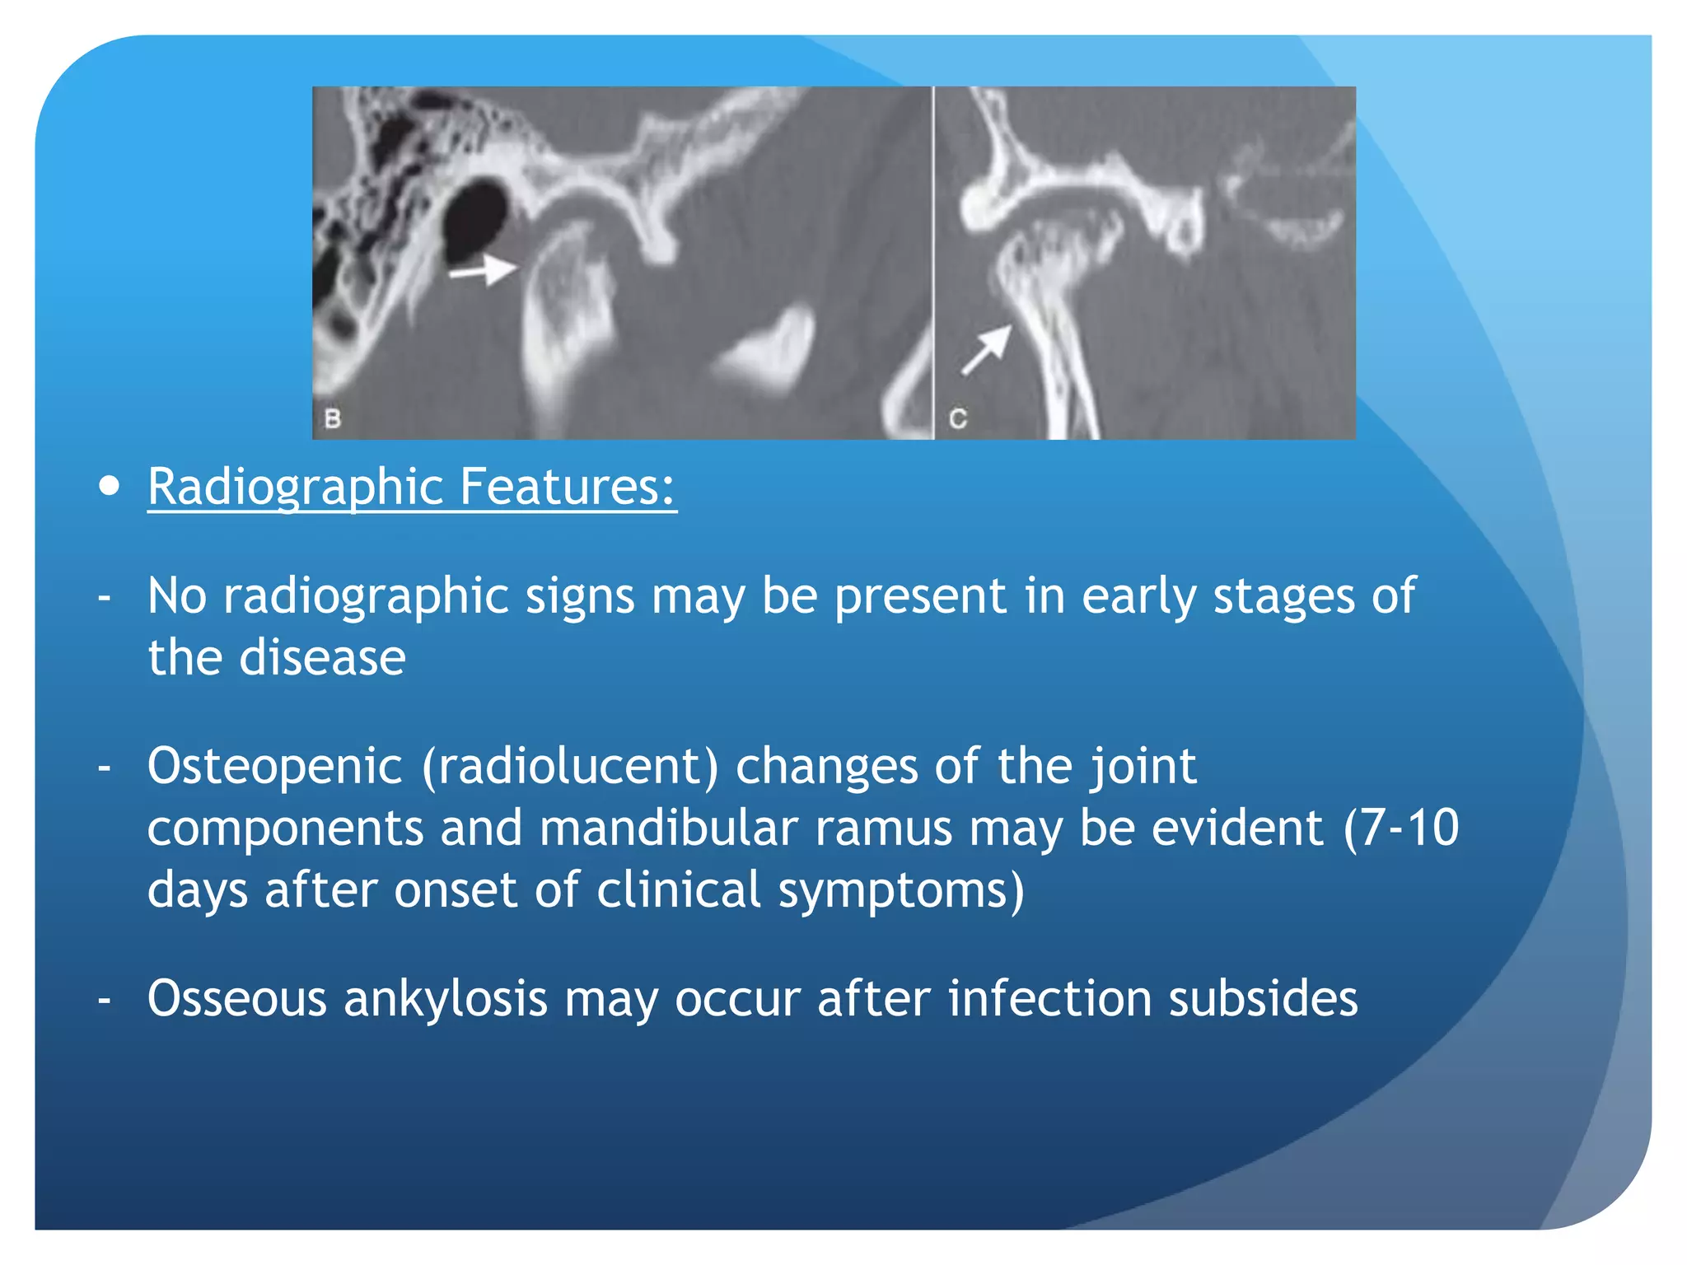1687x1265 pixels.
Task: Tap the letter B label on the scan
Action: click(333, 418)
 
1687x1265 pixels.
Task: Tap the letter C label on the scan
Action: click(957, 418)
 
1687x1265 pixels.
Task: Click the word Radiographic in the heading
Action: click(296, 488)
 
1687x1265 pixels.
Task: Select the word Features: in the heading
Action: click(568, 488)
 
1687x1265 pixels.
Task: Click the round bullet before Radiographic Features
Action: click(108, 486)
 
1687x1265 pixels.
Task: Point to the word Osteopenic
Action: click(274, 766)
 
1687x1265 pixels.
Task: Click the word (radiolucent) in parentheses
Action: click(570, 766)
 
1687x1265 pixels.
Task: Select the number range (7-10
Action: click(1400, 828)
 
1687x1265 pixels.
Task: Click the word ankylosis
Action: click(445, 998)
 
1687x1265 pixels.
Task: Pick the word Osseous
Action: click(237, 998)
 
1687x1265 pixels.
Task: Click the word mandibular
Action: click(669, 828)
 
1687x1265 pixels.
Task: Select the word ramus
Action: click(884, 828)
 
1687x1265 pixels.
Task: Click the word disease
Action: click(322, 658)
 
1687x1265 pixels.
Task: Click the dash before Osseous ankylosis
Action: click(105, 1000)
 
